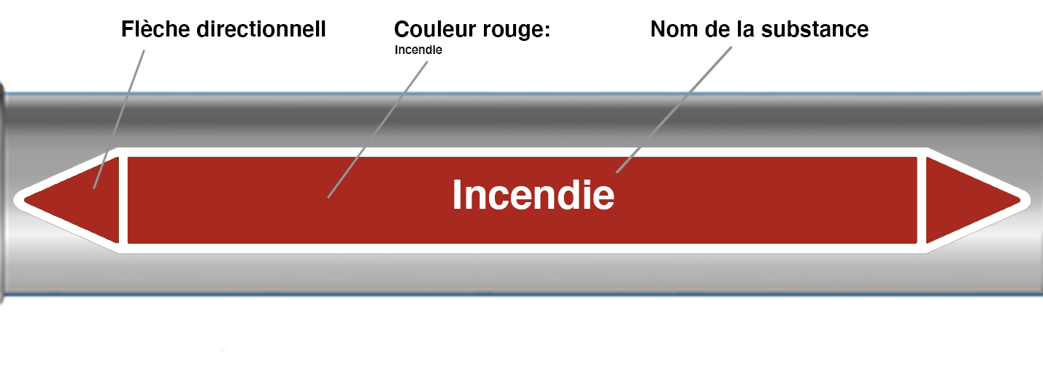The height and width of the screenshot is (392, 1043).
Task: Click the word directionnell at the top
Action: tap(261, 29)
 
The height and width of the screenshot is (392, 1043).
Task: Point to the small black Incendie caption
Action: tap(418, 50)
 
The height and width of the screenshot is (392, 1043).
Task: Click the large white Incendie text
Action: tap(533, 195)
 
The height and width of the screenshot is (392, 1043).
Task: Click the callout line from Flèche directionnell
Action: tap(119, 120)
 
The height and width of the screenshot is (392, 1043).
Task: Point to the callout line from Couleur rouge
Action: tap(377, 130)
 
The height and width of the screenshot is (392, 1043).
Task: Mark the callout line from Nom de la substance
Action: tap(674, 110)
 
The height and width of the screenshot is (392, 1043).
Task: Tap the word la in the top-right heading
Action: tap(745, 29)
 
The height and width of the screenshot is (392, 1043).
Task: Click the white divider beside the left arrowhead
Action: tap(123, 200)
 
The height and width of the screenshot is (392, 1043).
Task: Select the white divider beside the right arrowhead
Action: tap(921, 200)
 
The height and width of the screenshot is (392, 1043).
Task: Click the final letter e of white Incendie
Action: tap(603, 199)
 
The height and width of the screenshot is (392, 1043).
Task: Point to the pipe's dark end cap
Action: tap(2, 193)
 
